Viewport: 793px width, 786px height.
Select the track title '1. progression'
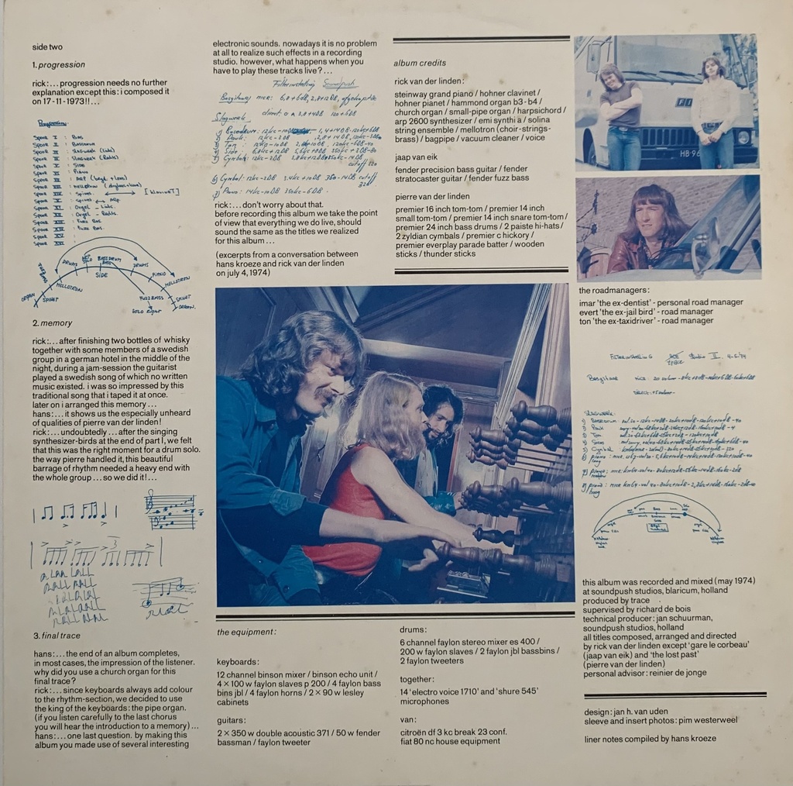(x=59, y=65)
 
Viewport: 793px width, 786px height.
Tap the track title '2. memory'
(x=53, y=323)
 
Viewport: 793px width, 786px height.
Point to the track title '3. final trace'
(x=57, y=636)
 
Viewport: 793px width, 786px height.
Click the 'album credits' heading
(x=420, y=64)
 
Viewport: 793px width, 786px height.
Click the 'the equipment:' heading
(x=246, y=633)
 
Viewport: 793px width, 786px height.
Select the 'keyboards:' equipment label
(x=239, y=663)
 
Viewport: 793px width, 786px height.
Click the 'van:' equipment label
(x=407, y=720)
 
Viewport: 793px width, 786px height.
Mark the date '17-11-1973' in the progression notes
(x=57, y=101)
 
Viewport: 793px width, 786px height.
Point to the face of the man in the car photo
(x=649, y=219)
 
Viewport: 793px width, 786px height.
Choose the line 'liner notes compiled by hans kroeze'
(x=650, y=739)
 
